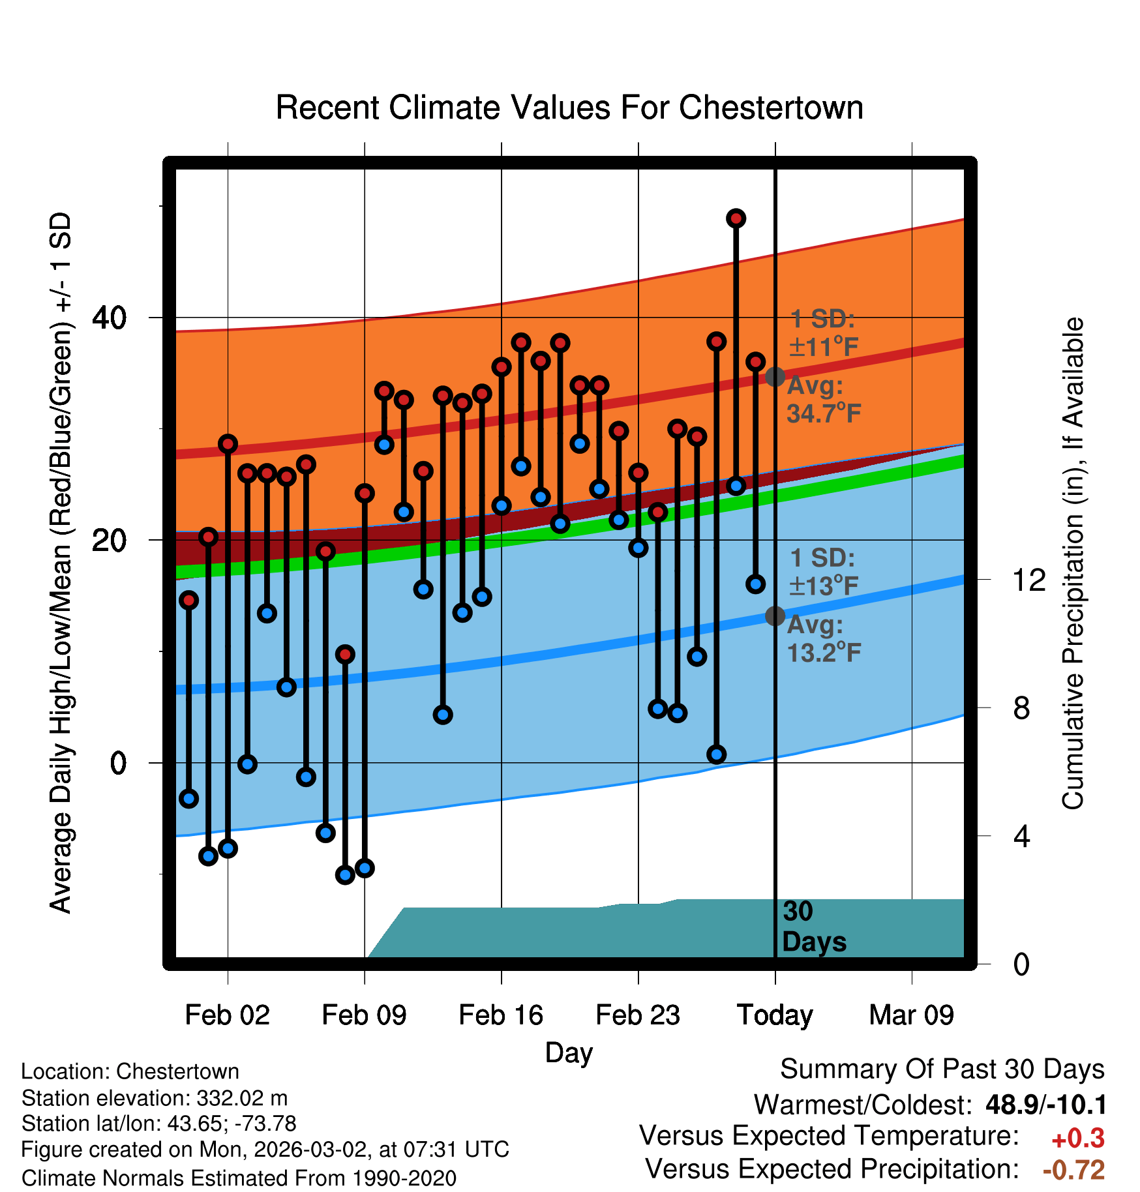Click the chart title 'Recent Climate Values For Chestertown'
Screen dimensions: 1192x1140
pos(569,108)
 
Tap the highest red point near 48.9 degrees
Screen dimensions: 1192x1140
pos(736,218)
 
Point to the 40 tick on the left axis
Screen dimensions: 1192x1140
pos(109,318)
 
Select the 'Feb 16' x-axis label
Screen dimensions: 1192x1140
pos(501,1015)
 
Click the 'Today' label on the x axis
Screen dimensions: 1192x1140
pos(775,1015)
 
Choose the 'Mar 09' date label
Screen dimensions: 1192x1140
pos(911,1015)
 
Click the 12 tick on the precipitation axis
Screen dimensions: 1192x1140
pos(1029,580)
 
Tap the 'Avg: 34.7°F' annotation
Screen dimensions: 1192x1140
pos(823,399)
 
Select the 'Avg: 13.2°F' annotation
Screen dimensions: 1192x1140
pos(823,638)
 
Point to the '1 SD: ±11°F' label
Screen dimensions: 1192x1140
pos(823,333)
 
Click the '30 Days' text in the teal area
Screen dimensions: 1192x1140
pos(813,927)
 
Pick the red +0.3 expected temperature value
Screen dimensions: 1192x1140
pos(1077,1139)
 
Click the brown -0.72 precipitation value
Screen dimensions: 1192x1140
pos(1073,1170)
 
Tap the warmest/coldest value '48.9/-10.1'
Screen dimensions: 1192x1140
pos(1045,1105)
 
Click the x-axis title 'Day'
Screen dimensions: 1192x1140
pos(569,1052)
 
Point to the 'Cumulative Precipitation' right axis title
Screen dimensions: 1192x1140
pos(1073,563)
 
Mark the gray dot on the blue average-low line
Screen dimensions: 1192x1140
pos(775,616)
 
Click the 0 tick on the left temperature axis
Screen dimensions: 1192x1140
pos(118,763)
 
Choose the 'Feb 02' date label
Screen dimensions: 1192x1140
pos(227,1015)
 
